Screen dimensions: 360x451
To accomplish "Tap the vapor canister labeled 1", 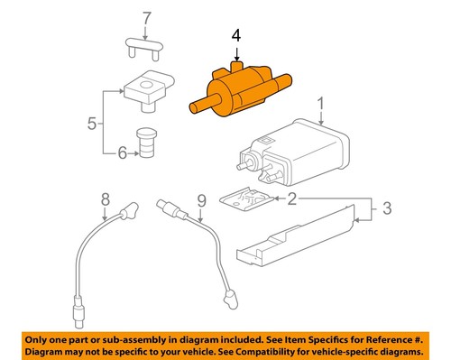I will (x=294, y=150).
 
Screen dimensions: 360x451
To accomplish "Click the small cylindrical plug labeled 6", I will (x=148, y=142).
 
